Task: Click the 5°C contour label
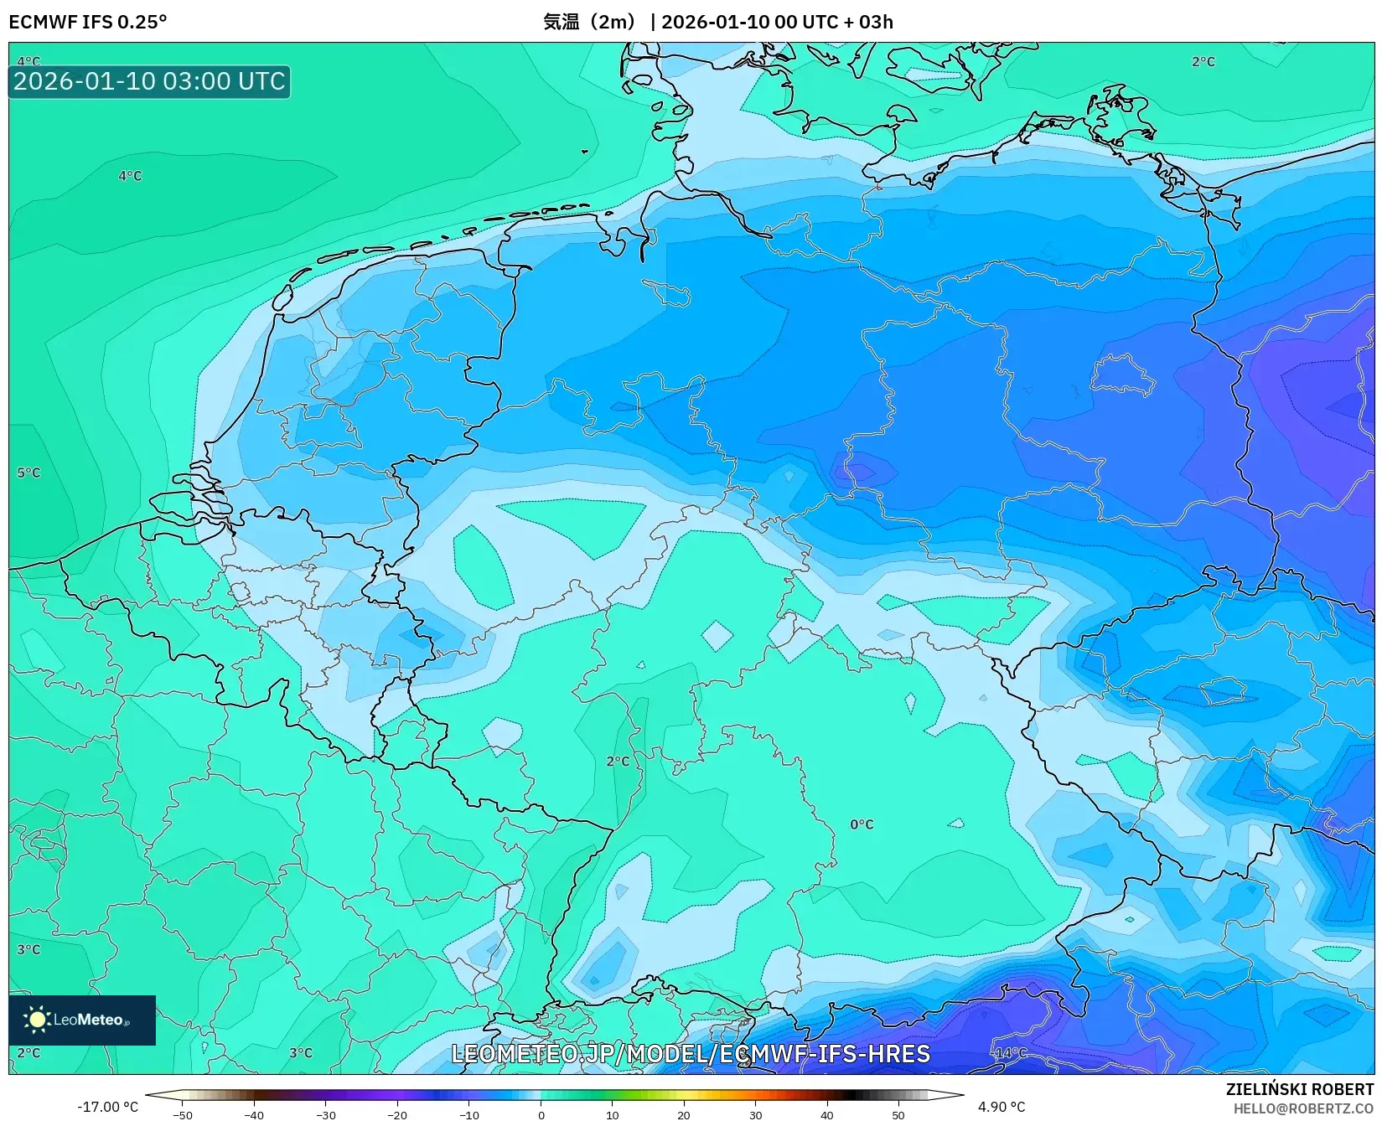click(28, 473)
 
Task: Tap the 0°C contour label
click(862, 824)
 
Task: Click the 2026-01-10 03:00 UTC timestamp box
click(149, 81)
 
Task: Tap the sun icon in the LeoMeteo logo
click(37, 1020)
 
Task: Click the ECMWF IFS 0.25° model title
click(88, 22)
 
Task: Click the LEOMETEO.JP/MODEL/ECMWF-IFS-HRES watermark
click(691, 1054)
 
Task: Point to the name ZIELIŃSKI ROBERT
click(1300, 1089)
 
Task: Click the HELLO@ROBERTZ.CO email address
click(1303, 1108)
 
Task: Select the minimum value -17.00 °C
click(107, 1107)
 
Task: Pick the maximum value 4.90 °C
click(1001, 1107)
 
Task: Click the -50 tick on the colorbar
click(183, 1115)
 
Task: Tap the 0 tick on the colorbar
click(541, 1115)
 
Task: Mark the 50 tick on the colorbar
click(898, 1115)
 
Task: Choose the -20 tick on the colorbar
click(397, 1115)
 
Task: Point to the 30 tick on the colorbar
click(755, 1115)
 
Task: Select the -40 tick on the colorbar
click(254, 1115)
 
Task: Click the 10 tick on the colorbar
click(613, 1115)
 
